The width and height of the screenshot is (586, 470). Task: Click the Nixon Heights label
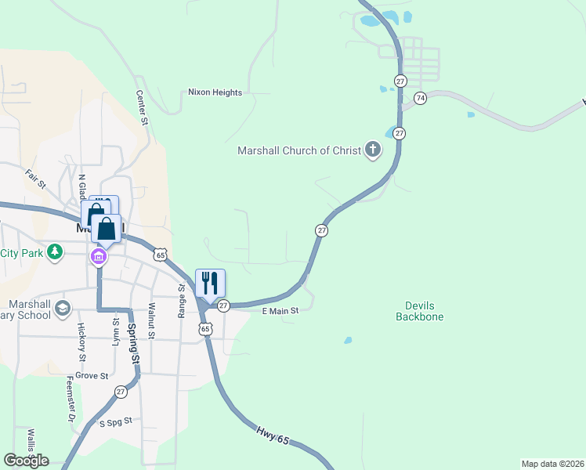pyautogui.click(x=215, y=92)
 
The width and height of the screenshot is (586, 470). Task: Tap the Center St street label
pyautogui.click(x=142, y=107)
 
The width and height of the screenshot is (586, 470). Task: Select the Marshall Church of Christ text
pyautogui.click(x=298, y=150)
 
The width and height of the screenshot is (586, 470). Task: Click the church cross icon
pyautogui.click(x=372, y=149)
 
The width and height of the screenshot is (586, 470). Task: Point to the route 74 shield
pyautogui.click(x=421, y=98)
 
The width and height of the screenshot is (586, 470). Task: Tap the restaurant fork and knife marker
pyautogui.click(x=210, y=282)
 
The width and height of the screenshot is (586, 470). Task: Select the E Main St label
pyautogui.click(x=280, y=311)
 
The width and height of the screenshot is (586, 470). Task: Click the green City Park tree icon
pyautogui.click(x=54, y=252)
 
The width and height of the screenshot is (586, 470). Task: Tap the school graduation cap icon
pyautogui.click(x=63, y=309)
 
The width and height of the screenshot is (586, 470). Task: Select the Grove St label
pyautogui.click(x=92, y=376)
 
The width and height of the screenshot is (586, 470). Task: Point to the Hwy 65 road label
pyautogui.click(x=273, y=436)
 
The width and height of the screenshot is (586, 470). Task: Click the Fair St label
pyautogui.click(x=36, y=179)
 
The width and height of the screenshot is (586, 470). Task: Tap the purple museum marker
pyautogui.click(x=99, y=257)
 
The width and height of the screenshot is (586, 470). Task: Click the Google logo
pyautogui.click(x=27, y=461)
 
